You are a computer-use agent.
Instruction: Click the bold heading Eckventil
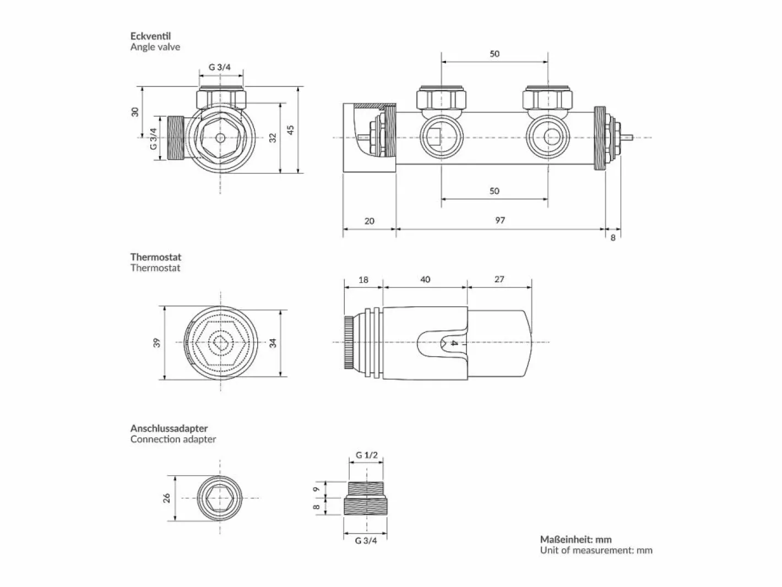coord(151,36)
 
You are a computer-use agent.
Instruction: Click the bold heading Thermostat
coord(156,257)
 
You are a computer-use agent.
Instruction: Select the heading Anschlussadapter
coord(169,428)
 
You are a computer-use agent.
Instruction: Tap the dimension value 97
coord(500,220)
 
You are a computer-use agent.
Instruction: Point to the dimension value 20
coord(370,221)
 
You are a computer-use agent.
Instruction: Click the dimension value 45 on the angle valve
coord(291,129)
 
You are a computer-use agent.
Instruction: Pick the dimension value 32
coord(273,138)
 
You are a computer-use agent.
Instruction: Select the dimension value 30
coord(135,112)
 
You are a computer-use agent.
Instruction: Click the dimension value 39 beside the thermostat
coord(157,343)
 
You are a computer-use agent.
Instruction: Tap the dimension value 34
coord(273,343)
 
